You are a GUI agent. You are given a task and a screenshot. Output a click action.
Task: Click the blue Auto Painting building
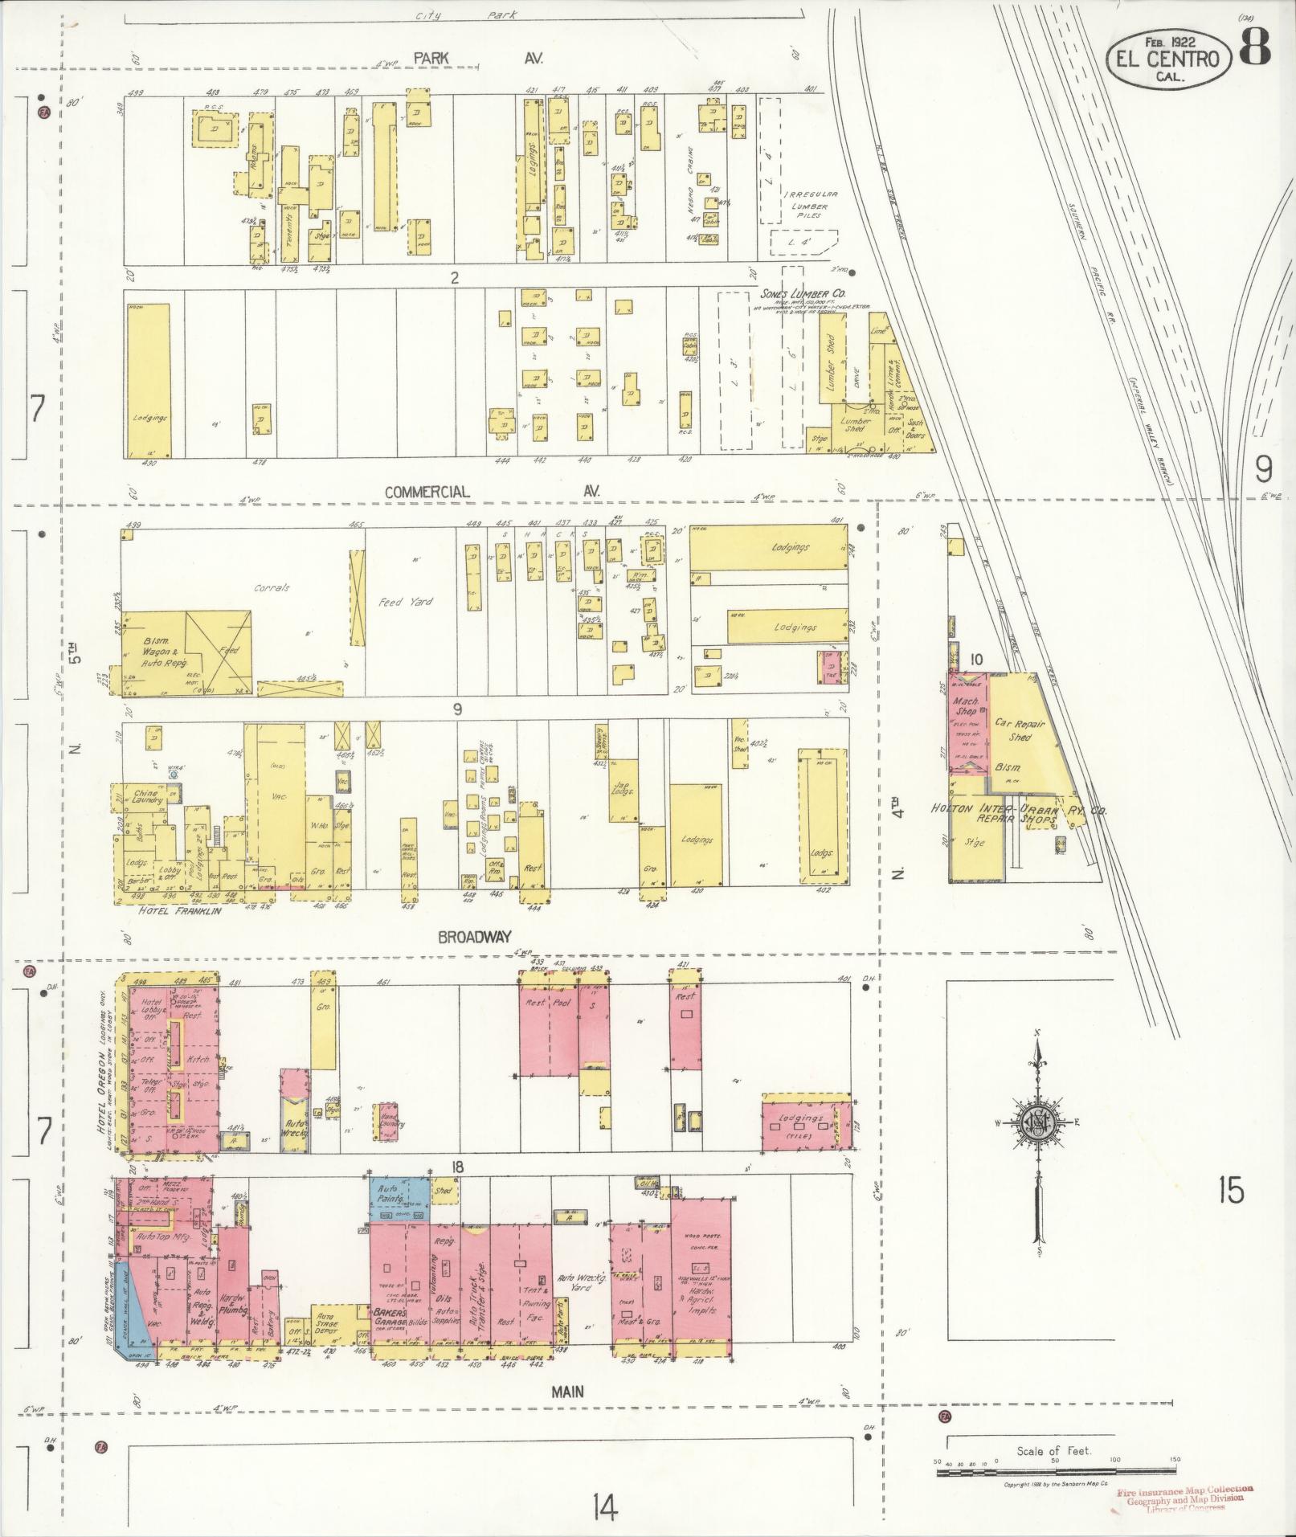click(399, 1199)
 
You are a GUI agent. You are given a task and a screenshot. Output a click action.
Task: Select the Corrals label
click(272, 587)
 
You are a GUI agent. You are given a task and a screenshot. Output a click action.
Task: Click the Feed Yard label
click(406, 601)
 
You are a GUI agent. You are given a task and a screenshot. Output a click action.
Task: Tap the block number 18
click(458, 1167)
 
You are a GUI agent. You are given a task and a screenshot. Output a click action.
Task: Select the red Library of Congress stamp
click(1184, 1498)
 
